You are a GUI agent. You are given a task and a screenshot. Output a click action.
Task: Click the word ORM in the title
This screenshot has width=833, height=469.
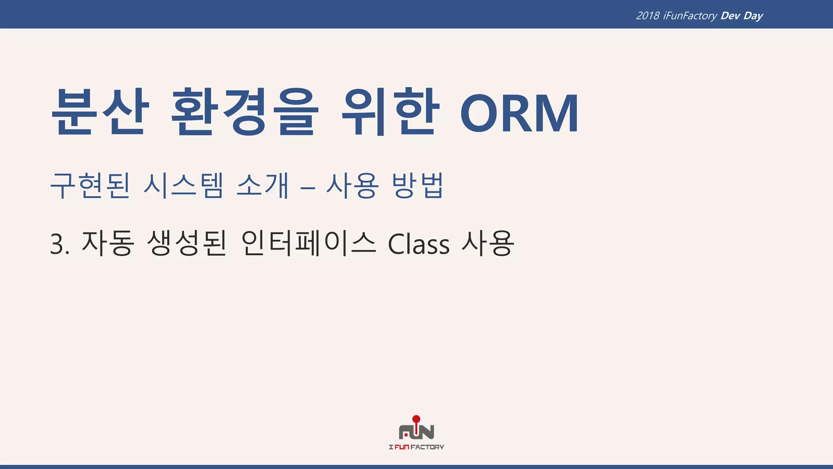click(519, 113)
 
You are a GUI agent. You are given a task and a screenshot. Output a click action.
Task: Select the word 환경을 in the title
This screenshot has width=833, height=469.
click(243, 112)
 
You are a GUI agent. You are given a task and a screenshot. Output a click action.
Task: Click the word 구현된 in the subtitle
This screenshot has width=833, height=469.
click(90, 186)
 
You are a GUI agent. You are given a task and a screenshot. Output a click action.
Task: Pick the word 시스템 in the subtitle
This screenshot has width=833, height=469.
click(183, 186)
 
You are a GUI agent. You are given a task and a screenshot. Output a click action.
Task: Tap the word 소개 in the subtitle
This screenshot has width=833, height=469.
click(263, 186)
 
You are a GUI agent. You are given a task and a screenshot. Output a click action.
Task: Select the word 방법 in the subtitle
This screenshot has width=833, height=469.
click(417, 186)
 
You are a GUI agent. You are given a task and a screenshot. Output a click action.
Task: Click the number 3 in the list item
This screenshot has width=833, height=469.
click(57, 245)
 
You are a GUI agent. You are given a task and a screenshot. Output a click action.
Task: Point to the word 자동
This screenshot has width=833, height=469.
click(108, 243)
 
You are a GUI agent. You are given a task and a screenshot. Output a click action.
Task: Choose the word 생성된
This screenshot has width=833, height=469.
click(187, 243)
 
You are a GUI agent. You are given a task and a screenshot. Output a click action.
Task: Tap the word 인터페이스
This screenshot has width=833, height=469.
click(309, 243)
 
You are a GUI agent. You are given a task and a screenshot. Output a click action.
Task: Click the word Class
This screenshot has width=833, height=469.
click(419, 245)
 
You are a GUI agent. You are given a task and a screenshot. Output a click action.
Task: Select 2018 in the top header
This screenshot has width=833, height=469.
click(648, 16)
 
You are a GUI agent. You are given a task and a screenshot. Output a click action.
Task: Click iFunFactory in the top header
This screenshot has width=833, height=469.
click(690, 16)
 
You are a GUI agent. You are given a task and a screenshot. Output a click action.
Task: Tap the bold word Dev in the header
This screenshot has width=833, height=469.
click(730, 16)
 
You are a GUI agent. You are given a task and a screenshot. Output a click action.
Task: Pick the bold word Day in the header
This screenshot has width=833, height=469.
click(753, 16)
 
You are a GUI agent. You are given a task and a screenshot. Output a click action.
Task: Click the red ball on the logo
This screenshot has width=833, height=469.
click(416, 419)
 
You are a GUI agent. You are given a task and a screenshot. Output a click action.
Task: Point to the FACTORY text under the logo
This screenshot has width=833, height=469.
click(427, 447)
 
